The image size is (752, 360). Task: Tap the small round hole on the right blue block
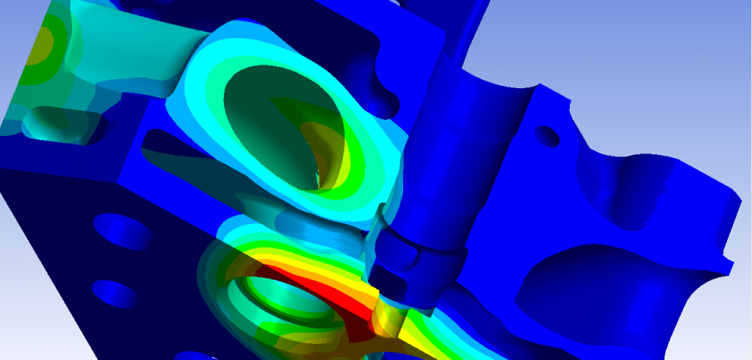[x=546, y=134]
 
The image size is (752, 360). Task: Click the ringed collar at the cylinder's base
[x=419, y=253]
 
